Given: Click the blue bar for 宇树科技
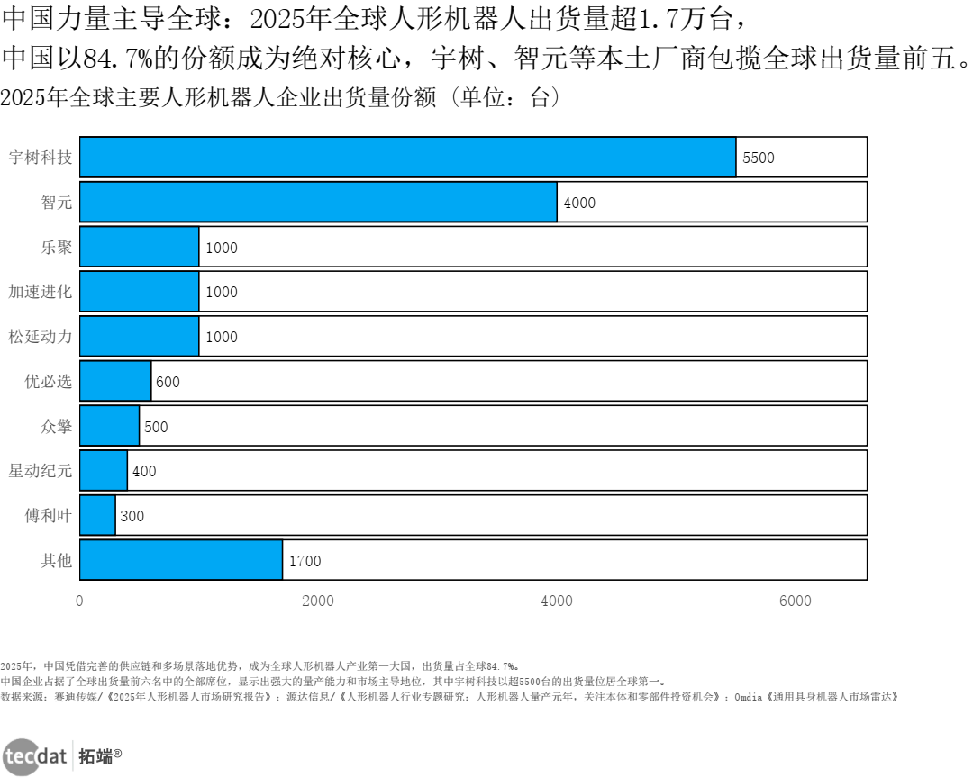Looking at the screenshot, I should (408, 157).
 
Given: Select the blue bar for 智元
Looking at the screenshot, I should (318, 202).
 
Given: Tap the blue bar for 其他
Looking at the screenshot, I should (181, 560).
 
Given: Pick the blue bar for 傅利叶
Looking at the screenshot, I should (97, 515).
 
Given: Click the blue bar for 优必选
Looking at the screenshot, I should (115, 381).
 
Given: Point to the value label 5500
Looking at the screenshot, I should (758, 158).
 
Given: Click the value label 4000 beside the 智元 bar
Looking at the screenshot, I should (579, 203).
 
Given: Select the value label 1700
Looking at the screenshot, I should (305, 561).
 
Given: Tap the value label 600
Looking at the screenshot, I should (168, 382).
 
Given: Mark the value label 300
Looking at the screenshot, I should (132, 516).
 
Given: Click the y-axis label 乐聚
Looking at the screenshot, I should (56, 247).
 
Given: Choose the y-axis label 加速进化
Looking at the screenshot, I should (40, 292).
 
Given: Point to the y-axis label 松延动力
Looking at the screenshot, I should (40, 336).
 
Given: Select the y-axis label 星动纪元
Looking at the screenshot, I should (40, 471).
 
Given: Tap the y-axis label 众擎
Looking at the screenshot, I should (56, 426).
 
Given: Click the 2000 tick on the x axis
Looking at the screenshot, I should (318, 602).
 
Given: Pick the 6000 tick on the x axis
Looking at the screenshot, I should (795, 602).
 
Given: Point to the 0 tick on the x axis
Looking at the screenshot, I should (79, 602).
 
